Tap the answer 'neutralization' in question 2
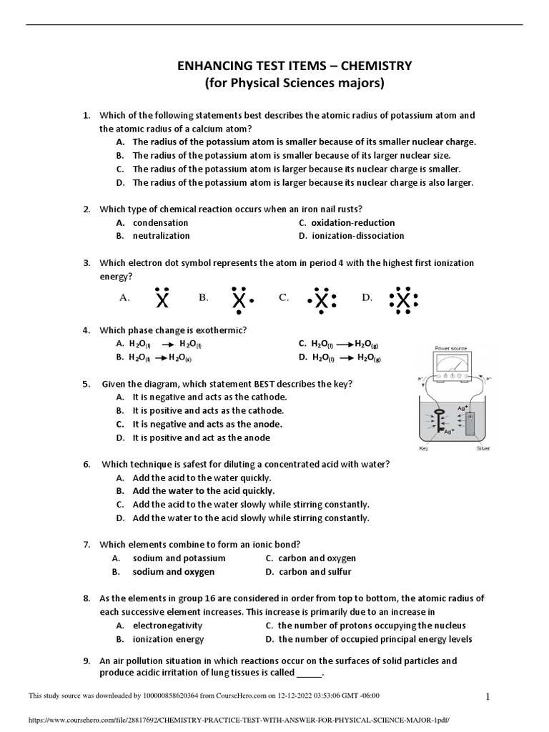pos(161,235)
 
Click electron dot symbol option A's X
pos(163,300)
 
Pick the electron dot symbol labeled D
pos(404,300)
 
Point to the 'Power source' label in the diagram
pos(450,348)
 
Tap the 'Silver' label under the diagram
pos(483,450)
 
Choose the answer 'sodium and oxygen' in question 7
pos(173,572)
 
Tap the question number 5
pos(86,384)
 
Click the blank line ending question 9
pos(309,674)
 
